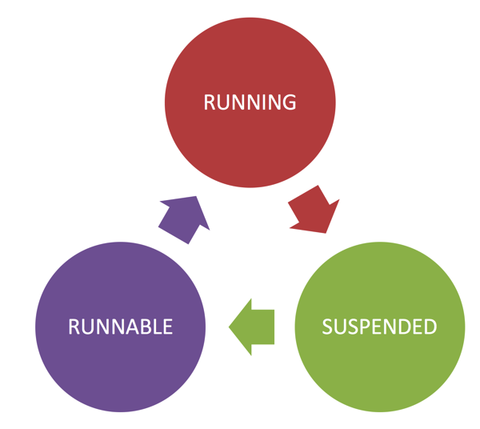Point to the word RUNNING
[x=250, y=102]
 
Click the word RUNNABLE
[x=120, y=327]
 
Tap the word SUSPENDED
[x=379, y=327]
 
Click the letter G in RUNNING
[x=289, y=102]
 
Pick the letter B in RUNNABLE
[x=144, y=327]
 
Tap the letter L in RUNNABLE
[x=157, y=327]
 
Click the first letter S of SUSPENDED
[x=327, y=327]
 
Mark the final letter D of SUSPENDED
[x=430, y=327]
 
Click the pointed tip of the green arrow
[x=230, y=327]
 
